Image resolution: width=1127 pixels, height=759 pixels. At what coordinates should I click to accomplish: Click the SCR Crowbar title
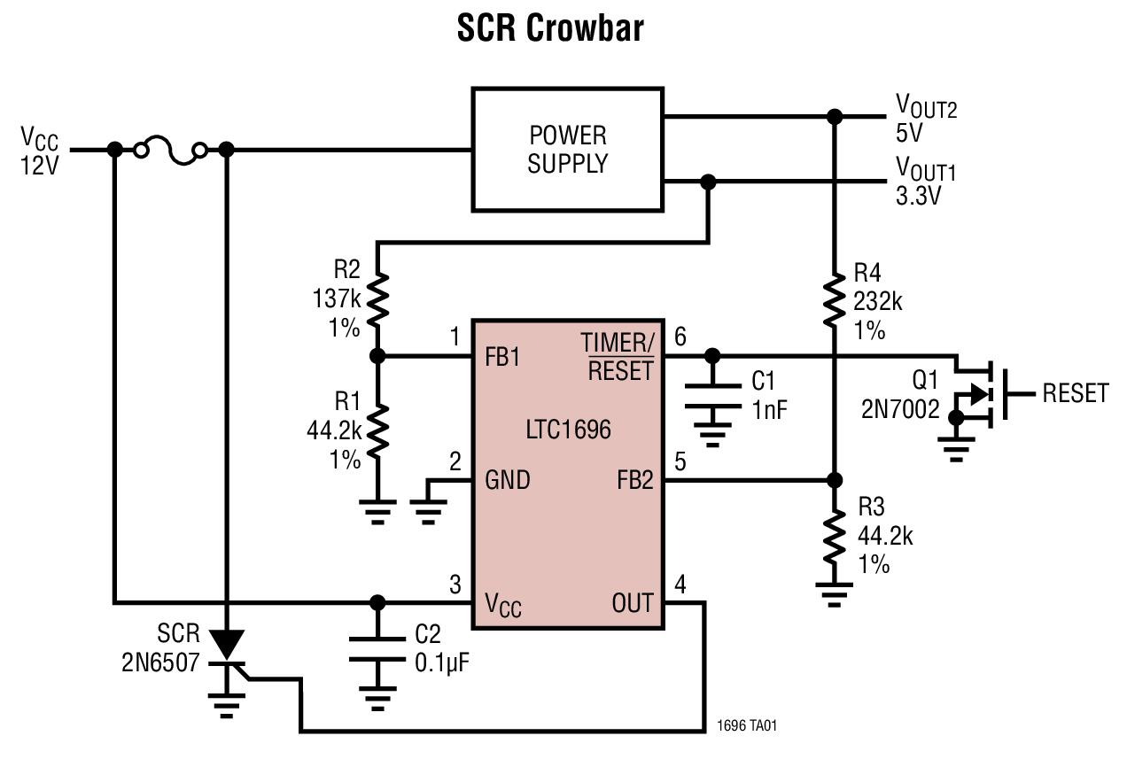(x=550, y=28)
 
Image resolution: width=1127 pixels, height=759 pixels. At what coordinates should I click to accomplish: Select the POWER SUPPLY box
(x=567, y=149)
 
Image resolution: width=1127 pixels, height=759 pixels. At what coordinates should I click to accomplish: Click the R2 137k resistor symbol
(x=377, y=299)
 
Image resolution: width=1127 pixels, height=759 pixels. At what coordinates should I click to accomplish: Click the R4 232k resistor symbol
(x=833, y=300)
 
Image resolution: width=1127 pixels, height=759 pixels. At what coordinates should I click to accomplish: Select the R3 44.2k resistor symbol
(x=833, y=536)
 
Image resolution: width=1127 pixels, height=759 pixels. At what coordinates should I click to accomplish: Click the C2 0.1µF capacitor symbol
(x=377, y=648)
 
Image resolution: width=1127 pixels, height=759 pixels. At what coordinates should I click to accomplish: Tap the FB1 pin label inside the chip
(x=502, y=358)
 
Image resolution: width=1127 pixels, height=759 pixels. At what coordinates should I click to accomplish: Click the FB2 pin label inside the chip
(x=633, y=481)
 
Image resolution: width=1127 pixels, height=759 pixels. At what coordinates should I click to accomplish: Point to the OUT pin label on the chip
(x=632, y=604)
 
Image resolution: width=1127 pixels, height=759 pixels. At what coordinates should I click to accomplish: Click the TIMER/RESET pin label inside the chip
(x=618, y=357)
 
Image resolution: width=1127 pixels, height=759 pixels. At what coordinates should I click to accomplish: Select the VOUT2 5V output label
(x=924, y=120)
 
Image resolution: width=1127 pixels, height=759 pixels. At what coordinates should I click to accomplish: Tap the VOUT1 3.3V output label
(x=924, y=181)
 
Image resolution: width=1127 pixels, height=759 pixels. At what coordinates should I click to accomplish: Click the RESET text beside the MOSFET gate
(x=1075, y=393)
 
